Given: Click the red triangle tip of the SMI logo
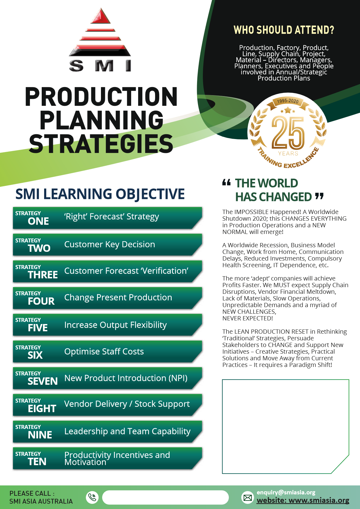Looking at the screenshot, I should click(x=101, y=17).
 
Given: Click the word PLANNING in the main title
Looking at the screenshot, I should click(x=102, y=120).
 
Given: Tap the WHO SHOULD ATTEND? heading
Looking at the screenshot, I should click(x=284, y=30).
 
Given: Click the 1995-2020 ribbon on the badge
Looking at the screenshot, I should click(x=288, y=101).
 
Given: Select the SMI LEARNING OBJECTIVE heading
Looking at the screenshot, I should click(x=100, y=194).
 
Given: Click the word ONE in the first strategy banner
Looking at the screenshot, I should click(x=38, y=221).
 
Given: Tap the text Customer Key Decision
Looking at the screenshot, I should click(x=109, y=244).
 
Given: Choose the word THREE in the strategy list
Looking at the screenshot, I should click(x=43, y=275).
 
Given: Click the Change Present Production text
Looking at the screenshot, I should click(x=118, y=297).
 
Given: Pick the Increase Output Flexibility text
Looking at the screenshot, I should click(x=115, y=325).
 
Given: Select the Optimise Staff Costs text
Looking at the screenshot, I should click(x=104, y=352).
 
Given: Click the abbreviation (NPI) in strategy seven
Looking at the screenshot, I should click(x=178, y=378).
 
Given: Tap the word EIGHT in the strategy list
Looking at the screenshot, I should click(x=42, y=409).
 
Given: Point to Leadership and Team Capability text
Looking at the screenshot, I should click(x=127, y=431).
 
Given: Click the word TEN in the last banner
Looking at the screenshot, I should click(x=37, y=462).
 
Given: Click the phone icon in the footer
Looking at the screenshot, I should click(x=92, y=497).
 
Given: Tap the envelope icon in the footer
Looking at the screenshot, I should click(x=248, y=498).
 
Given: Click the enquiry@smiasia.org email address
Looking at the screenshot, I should click(x=286, y=492).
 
